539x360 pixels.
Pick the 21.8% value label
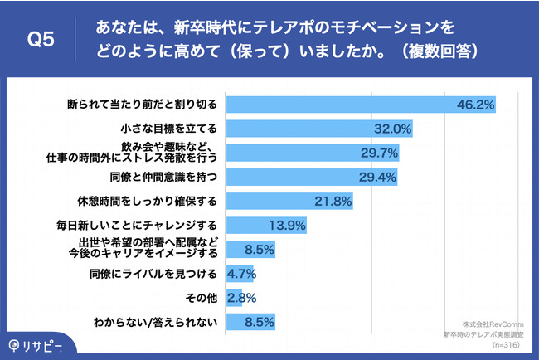[x=336, y=201]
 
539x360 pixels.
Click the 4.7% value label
[x=240, y=273]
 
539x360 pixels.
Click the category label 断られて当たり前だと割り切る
[x=142, y=105]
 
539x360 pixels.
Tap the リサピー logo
[x=32, y=343]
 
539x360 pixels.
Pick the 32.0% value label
[x=394, y=129]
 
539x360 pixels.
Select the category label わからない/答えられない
[x=156, y=321]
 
